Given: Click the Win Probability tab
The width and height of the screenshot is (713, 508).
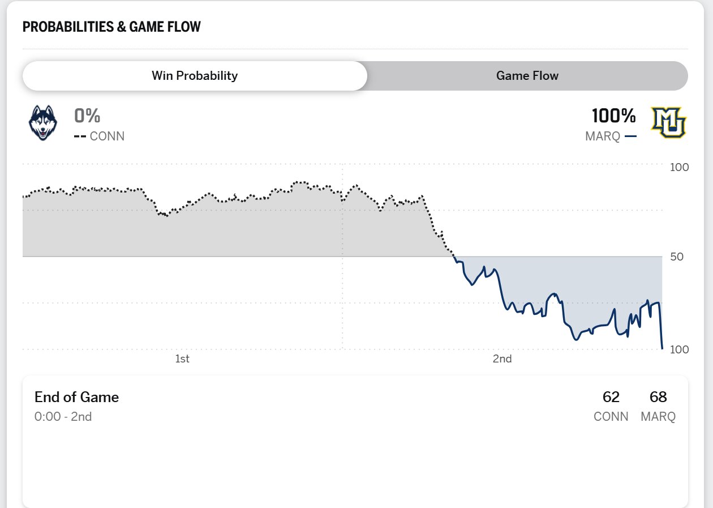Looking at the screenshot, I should coord(195,76).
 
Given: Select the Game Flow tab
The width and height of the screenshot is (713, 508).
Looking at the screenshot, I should coord(527,76).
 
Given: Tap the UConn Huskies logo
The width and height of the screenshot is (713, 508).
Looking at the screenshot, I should coord(43,122).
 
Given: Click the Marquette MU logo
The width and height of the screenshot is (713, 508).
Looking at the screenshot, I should coord(668,122).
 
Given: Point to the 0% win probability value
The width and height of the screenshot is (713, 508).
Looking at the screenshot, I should coord(87,116).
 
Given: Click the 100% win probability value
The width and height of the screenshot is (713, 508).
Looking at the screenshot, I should coord(614,116).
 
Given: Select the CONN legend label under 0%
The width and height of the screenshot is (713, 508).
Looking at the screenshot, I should coord(107,136).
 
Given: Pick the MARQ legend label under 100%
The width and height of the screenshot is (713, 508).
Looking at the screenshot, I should coord(603,136).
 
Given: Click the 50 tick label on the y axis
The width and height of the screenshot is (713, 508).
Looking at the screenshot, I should coord(676,257).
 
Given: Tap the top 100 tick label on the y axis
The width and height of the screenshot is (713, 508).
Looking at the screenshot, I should coord(679,168).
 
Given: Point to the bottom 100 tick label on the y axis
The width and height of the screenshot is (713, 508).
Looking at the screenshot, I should coord(679,349).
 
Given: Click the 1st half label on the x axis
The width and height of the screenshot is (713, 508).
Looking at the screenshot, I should coord(182,358).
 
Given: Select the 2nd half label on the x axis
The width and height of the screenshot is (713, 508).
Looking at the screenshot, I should coord(502,358).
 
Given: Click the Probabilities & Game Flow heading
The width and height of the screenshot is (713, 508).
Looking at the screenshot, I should coord(111,27).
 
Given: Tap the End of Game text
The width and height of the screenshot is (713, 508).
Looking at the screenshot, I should coord(76,397).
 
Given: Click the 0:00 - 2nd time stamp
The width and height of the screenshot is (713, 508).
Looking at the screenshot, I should coord(63,417).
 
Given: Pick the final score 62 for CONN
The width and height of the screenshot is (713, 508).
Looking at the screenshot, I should coord(611,397).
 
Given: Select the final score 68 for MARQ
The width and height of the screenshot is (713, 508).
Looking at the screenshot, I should coord(658,397).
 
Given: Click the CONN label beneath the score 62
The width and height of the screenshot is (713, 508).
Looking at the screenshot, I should coord(611,417).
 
